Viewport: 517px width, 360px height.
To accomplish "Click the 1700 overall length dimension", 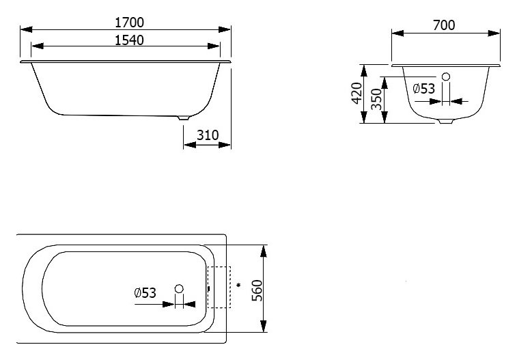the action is coord(129,23).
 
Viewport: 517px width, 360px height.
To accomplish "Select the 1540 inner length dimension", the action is coord(129,40).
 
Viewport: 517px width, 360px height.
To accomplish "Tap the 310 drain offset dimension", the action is coord(208,135).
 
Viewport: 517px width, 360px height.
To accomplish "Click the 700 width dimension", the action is coord(444,25).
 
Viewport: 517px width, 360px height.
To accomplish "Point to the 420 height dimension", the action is coord(357,93).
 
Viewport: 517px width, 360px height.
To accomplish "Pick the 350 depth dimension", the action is coord(376,99).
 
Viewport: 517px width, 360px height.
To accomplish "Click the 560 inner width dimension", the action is coord(257,290).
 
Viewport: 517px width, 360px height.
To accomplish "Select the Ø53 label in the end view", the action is coord(424,89).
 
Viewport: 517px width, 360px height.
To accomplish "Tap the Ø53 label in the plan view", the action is coord(145,293).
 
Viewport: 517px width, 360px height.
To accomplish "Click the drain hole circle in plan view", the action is coord(179,289).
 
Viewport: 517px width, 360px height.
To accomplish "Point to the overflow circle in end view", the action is coord(446,77).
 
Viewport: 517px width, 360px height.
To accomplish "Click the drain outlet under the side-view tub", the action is coord(184,117).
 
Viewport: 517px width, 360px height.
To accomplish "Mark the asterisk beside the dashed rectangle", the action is coord(238,285).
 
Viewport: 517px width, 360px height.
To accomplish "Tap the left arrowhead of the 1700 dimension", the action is coord(27,29).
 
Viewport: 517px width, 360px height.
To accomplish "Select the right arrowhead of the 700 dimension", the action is coord(494,33).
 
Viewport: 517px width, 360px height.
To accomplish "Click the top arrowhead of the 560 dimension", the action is coord(263,251).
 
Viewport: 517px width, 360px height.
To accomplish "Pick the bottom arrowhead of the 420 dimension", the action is coord(364,117).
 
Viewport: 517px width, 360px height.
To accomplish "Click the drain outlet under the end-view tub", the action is coord(446,122).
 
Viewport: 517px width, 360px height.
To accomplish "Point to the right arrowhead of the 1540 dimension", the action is coord(214,46).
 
